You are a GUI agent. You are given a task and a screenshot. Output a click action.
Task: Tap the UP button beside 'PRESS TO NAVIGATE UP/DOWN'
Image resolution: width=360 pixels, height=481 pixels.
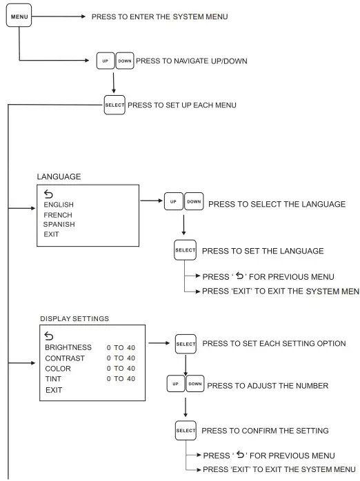coord(105,61)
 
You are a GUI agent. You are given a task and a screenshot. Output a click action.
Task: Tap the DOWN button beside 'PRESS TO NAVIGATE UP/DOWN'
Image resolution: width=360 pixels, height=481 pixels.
coord(124,61)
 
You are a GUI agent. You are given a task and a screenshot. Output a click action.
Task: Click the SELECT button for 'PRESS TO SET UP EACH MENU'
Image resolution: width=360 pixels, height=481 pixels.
coord(114,105)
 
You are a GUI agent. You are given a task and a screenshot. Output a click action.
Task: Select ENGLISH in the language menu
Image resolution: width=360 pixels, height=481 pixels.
coord(59,205)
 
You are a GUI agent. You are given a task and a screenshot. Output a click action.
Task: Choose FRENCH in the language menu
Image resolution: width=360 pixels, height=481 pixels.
coord(57,214)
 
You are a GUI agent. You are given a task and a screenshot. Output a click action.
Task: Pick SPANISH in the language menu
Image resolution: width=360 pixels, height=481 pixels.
coord(59,224)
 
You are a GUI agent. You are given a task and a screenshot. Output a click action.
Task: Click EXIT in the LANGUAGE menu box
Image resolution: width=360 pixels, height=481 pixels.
coord(51,234)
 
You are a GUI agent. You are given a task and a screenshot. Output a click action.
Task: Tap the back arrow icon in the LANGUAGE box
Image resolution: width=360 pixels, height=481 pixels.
coord(48,194)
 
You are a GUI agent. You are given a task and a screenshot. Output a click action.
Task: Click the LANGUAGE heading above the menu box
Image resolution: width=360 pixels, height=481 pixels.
coord(59,176)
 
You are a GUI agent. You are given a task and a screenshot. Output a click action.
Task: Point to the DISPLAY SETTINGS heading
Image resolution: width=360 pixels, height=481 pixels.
coord(74,318)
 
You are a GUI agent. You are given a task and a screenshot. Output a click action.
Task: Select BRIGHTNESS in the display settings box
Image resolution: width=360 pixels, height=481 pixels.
coord(68,347)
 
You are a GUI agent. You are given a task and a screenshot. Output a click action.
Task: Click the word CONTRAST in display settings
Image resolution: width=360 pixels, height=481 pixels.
coord(65,358)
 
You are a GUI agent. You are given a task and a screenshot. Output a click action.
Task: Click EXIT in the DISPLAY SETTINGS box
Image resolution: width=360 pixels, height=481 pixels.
coord(53,389)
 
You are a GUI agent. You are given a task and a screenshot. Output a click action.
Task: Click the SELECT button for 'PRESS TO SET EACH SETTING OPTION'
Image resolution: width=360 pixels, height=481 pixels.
coord(186,343)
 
